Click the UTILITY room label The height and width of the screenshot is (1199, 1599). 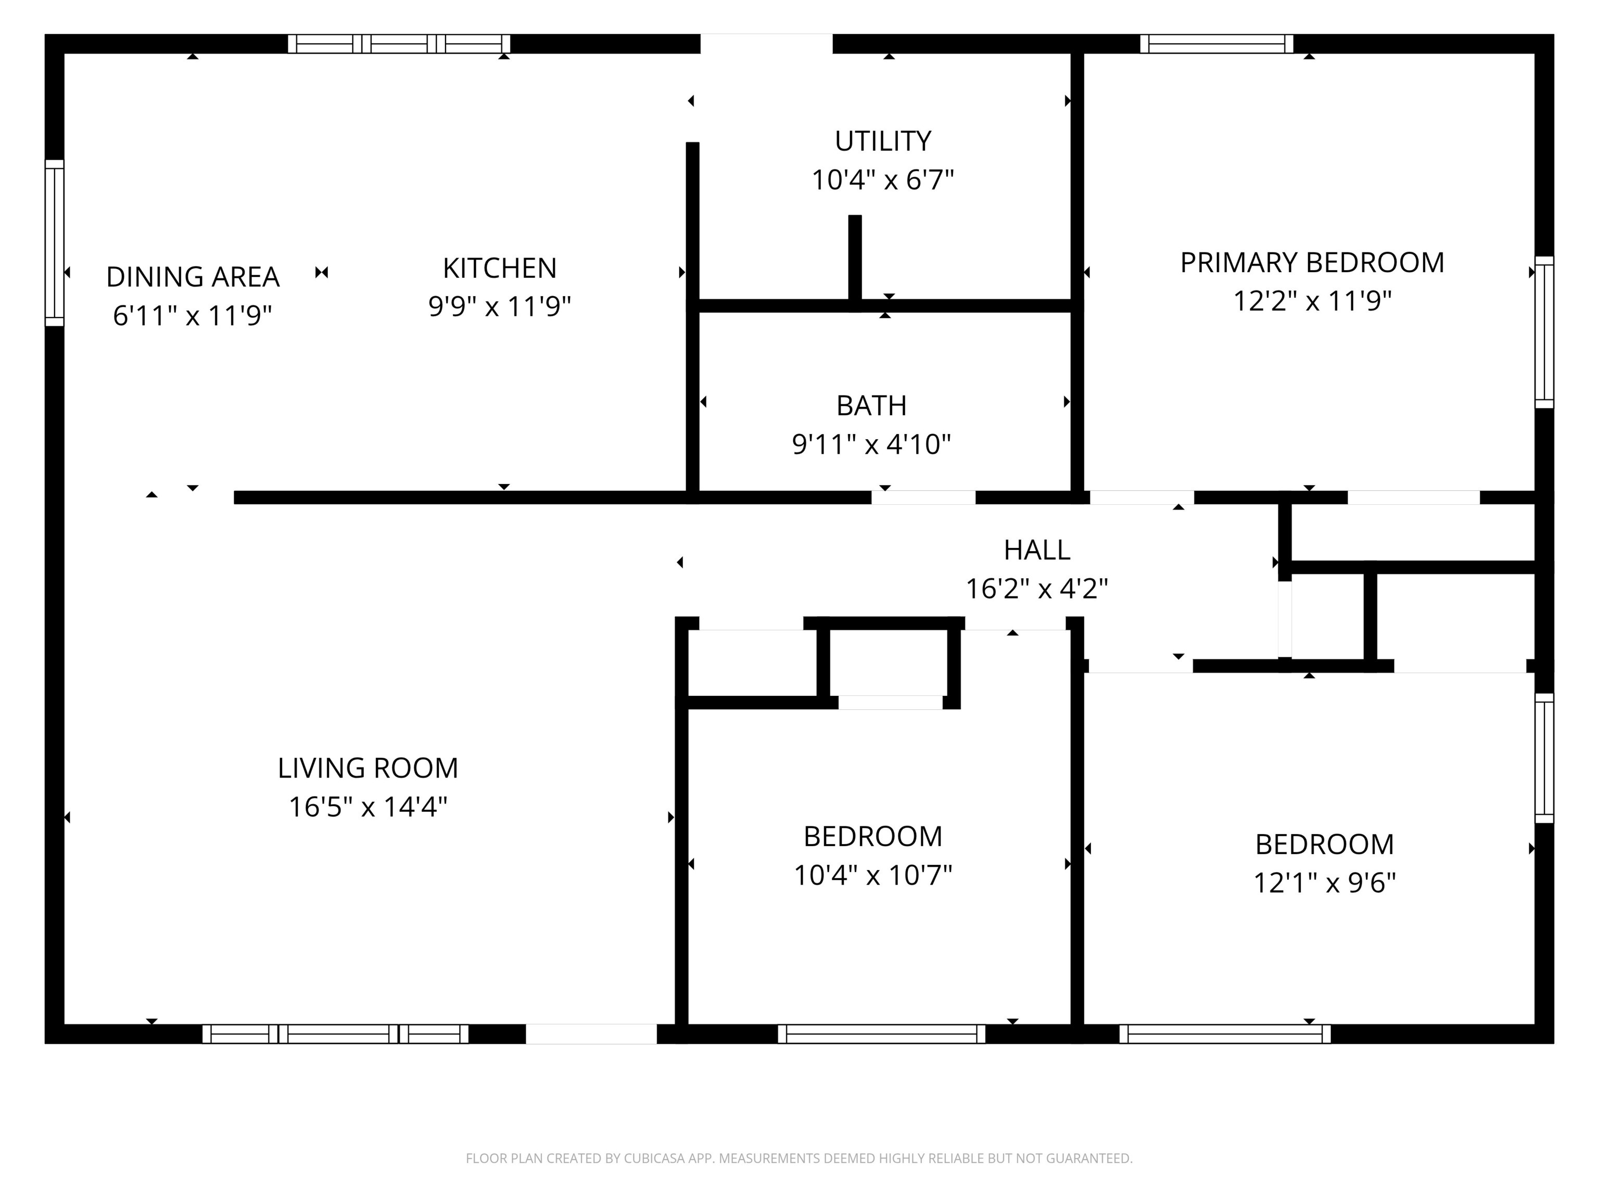(x=883, y=141)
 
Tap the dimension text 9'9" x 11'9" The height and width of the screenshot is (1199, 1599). (x=500, y=307)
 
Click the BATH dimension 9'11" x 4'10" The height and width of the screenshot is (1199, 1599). (x=871, y=444)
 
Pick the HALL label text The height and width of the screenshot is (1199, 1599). (x=1037, y=551)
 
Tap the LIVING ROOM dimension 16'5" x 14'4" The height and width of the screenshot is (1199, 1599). (x=368, y=807)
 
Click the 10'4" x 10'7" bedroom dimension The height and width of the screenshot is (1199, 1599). (x=872, y=875)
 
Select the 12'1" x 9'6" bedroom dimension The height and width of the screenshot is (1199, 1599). (x=1324, y=883)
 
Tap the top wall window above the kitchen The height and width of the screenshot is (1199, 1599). (x=399, y=44)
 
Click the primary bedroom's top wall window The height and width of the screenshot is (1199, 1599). (x=1216, y=44)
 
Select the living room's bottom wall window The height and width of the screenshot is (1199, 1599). (x=335, y=1034)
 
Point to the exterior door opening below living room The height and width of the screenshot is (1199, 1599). (x=591, y=1034)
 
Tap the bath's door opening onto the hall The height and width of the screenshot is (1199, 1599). (x=923, y=497)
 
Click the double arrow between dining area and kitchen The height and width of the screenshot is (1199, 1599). (x=322, y=273)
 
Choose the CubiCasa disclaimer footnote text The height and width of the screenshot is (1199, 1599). (x=799, y=1158)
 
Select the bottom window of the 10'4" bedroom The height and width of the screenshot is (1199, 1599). (x=881, y=1034)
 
